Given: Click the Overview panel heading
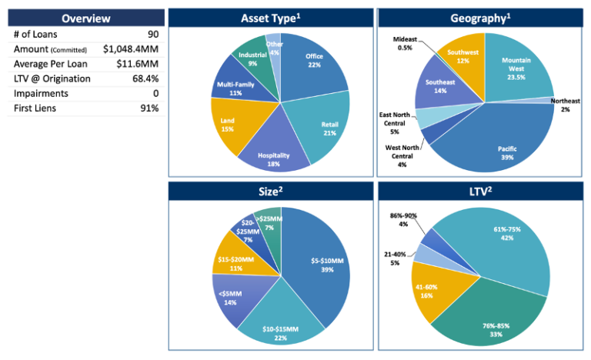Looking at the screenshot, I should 85,18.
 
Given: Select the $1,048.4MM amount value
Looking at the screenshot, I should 131,49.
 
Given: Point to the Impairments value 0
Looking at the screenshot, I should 155,93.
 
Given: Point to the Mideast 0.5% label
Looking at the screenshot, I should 406,44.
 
